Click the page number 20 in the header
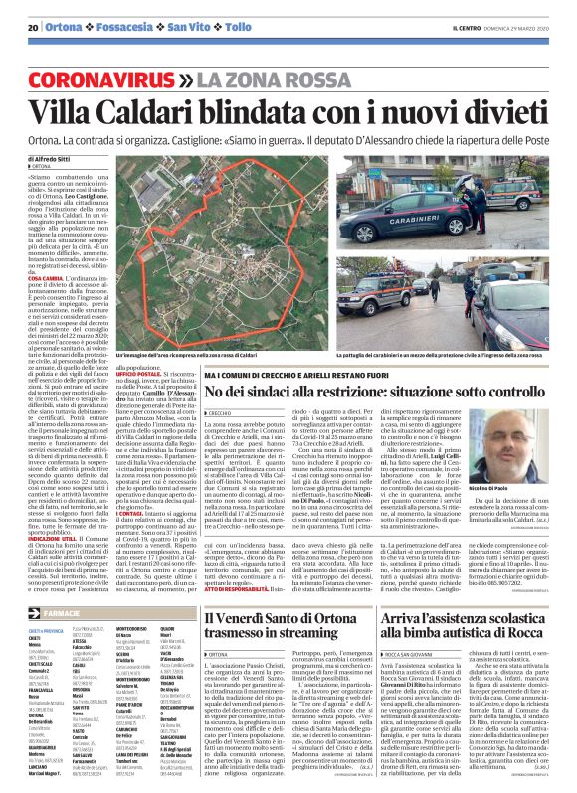(33, 25)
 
